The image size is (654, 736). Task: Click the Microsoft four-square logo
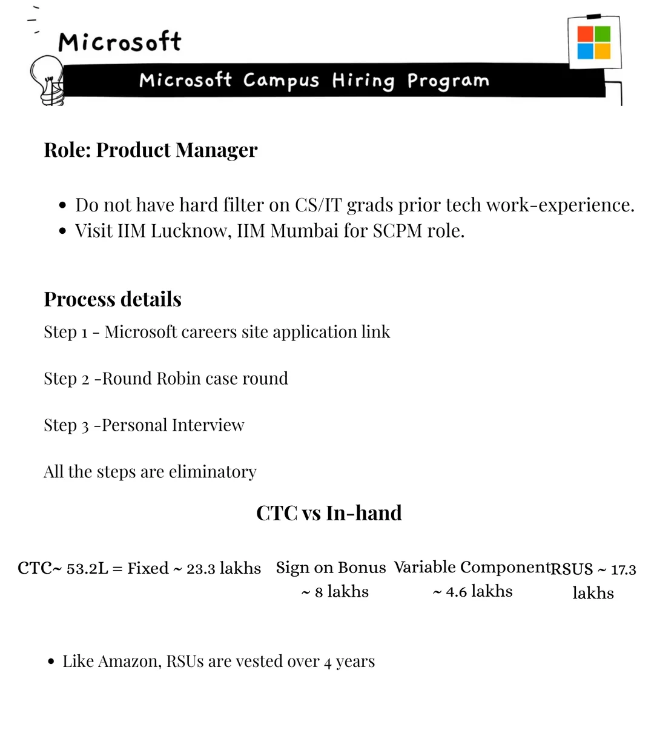click(x=593, y=42)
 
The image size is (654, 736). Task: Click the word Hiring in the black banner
click(x=363, y=81)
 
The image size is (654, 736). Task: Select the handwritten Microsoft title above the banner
click(x=119, y=42)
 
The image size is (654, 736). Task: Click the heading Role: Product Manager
click(x=150, y=150)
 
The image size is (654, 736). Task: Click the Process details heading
click(x=113, y=299)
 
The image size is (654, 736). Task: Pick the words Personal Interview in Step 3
click(x=173, y=425)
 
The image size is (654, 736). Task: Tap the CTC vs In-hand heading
click(x=329, y=513)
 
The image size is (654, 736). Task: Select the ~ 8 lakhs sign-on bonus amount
click(x=335, y=592)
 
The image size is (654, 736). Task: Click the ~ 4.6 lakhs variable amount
click(x=473, y=592)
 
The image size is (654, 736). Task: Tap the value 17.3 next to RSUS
click(x=624, y=570)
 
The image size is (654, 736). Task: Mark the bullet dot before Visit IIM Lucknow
click(x=62, y=231)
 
